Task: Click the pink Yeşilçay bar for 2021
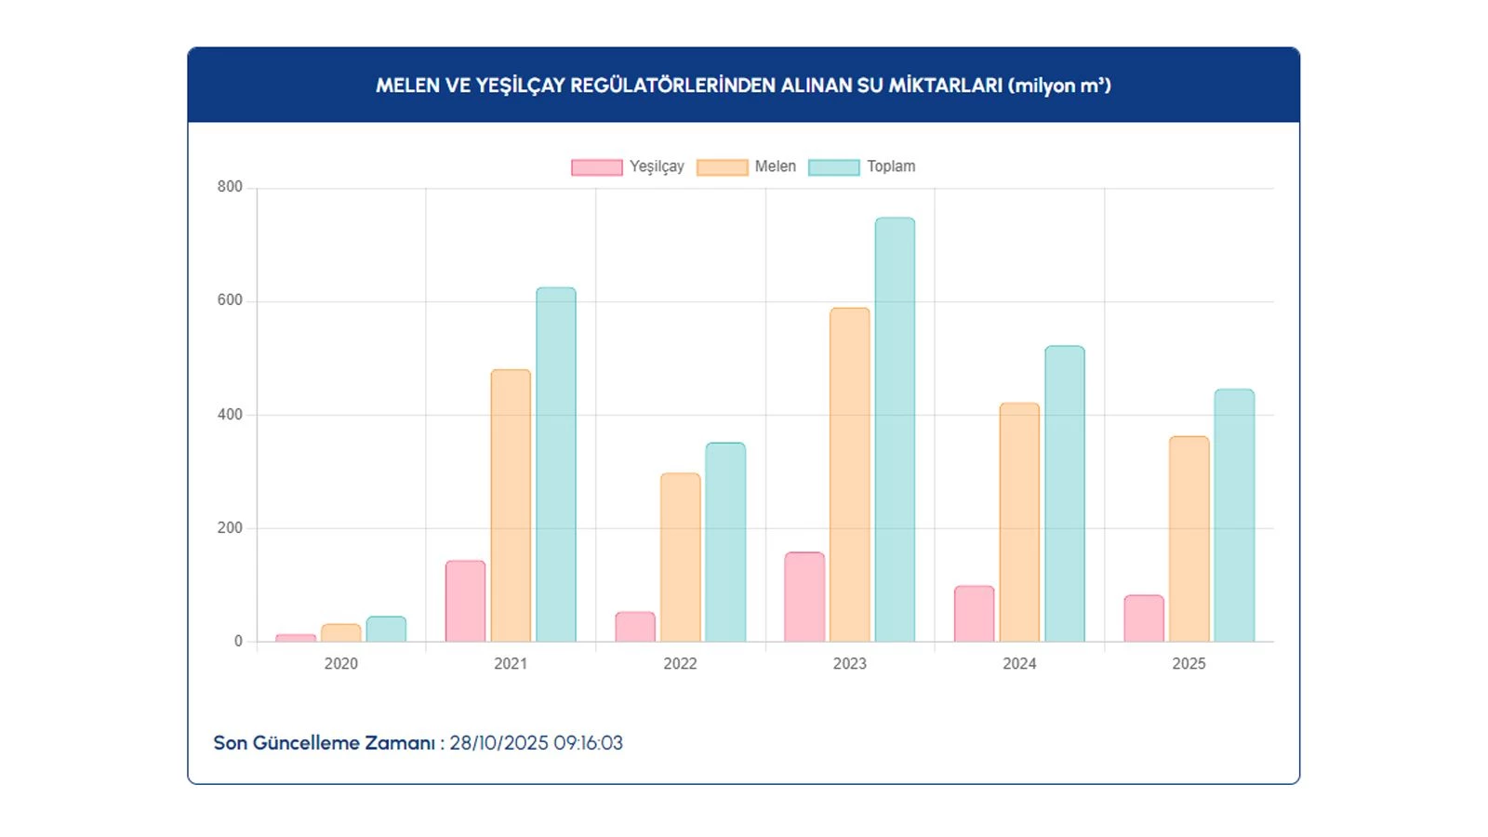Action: coord(465,601)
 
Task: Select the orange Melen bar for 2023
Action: coord(850,474)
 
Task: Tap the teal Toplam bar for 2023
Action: coord(895,430)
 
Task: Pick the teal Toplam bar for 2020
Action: coord(386,630)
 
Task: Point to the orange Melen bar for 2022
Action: coord(681,557)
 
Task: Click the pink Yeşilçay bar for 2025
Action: coord(1144,618)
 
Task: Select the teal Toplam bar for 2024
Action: coord(1065,494)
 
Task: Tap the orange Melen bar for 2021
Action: coord(511,506)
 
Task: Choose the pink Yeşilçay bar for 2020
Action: coord(296,638)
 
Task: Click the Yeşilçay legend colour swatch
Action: coord(597,167)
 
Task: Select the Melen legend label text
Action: coord(776,166)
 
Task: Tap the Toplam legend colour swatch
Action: coord(834,167)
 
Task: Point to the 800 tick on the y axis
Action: coord(230,187)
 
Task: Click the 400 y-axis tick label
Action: coord(230,415)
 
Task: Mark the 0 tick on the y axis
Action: coord(238,641)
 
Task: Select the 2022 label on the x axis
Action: coord(680,663)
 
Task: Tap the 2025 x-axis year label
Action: coord(1189,663)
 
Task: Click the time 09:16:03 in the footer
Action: coord(588,743)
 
